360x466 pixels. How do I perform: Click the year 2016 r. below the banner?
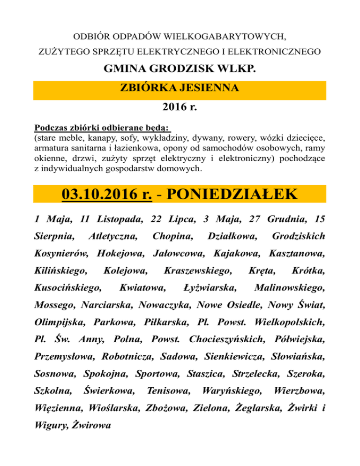coord(180,107)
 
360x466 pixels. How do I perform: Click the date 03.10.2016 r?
coord(107,194)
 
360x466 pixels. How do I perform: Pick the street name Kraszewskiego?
coord(197,270)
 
